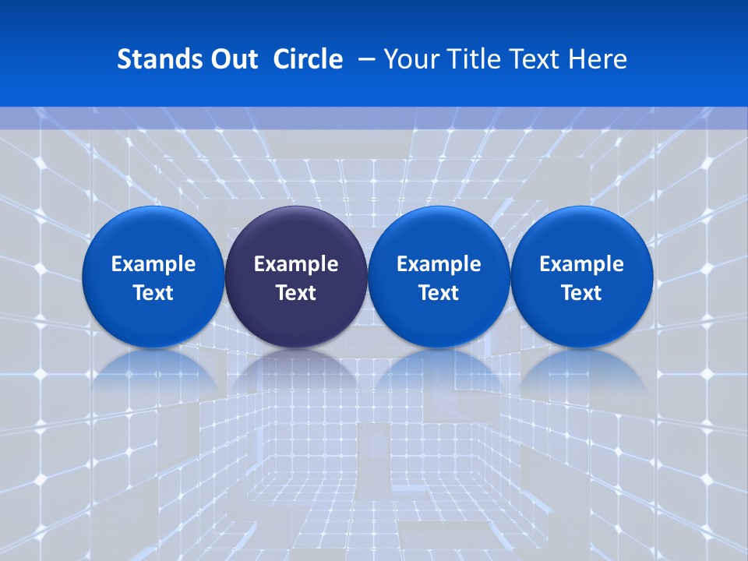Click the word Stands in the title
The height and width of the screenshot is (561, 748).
pos(153,59)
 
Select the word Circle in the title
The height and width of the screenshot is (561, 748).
pos(308,59)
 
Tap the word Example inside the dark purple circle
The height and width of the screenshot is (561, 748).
pos(296,264)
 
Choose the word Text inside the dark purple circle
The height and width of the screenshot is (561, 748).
pos(296,293)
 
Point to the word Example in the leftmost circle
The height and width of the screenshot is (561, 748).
pos(153,264)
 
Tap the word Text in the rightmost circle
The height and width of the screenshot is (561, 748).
pos(582,293)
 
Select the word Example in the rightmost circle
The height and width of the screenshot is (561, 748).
pos(582,264)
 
